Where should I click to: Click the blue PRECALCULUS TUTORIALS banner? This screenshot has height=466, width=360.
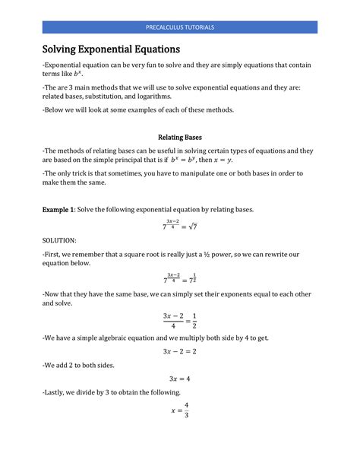(x=179, y=27)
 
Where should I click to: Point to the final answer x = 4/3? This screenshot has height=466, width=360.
(x=180, y=410)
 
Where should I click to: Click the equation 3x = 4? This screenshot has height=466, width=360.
(x=179, y=379)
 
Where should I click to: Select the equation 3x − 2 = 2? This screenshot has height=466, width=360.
(x=179, y=350)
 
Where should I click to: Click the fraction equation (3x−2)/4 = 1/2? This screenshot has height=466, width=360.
(x=179, y=321)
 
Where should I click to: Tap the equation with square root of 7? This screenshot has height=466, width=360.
(x=179, y=225)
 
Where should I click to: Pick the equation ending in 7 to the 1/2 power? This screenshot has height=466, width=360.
(x=179, y=281)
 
